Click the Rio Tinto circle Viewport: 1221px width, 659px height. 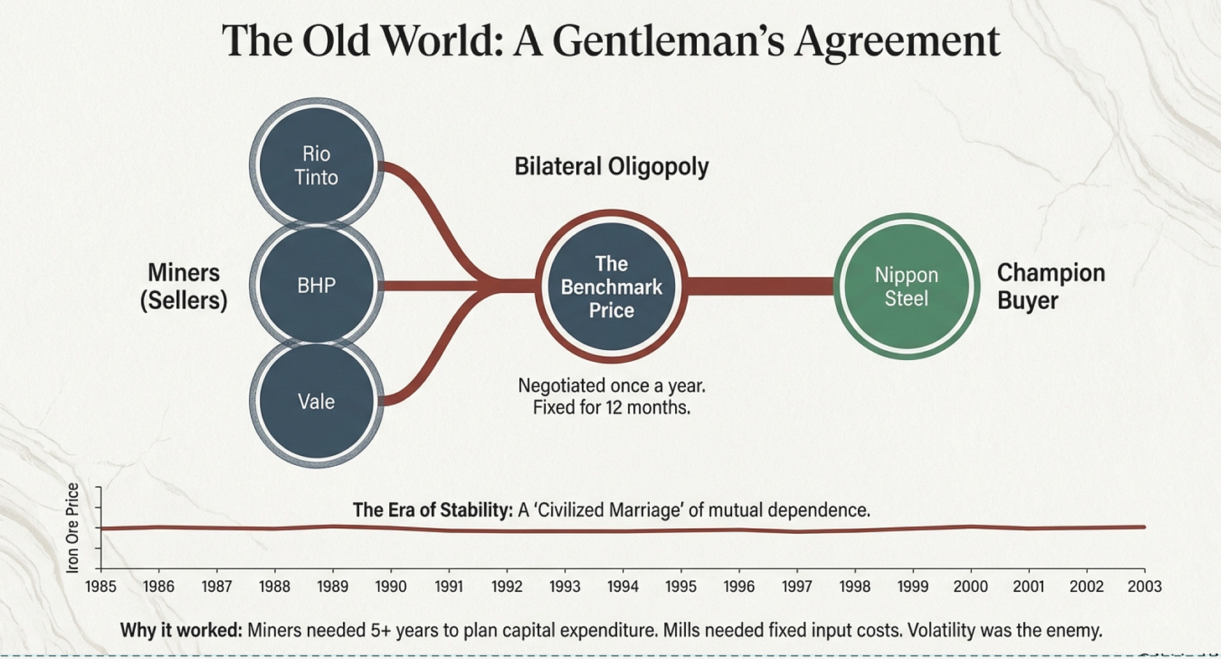318,165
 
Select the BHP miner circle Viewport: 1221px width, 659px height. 318,285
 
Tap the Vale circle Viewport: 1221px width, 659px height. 318,401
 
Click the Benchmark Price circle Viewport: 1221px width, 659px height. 611,286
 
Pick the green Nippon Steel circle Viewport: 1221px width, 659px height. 907,286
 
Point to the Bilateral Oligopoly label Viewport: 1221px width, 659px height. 611,166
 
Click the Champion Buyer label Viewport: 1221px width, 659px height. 1051,286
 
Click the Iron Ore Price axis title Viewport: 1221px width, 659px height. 73,528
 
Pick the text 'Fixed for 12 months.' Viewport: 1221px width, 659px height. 611,411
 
